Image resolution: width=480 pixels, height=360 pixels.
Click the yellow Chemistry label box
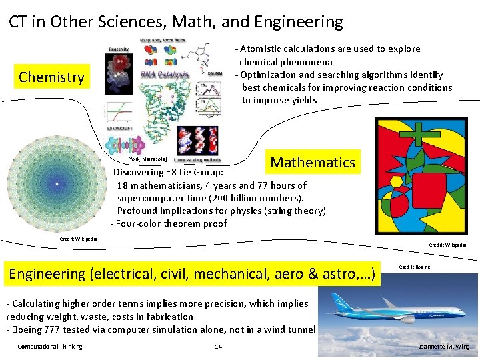coord(52,77)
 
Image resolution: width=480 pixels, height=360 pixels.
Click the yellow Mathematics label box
coord(313,162)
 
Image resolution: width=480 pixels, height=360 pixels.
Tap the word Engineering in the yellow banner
coord(47,273)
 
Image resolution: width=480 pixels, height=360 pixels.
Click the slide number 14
coord(218,347)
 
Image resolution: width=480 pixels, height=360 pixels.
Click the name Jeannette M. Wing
coord(443,347)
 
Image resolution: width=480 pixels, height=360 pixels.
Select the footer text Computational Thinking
coord(50,347)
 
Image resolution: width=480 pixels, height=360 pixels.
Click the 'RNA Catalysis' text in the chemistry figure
coord(165,75)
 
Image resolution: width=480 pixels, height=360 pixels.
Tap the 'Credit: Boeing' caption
coord(414,267)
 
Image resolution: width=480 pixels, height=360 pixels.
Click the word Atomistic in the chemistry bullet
coord(263,49)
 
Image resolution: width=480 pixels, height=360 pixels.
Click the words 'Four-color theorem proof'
coord(173,223)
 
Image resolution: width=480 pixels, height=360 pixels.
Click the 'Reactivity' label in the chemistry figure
coord(119,49)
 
